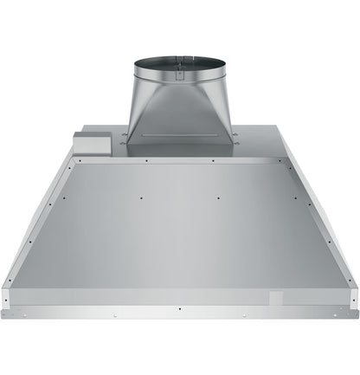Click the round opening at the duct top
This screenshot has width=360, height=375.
pos(179,61)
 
